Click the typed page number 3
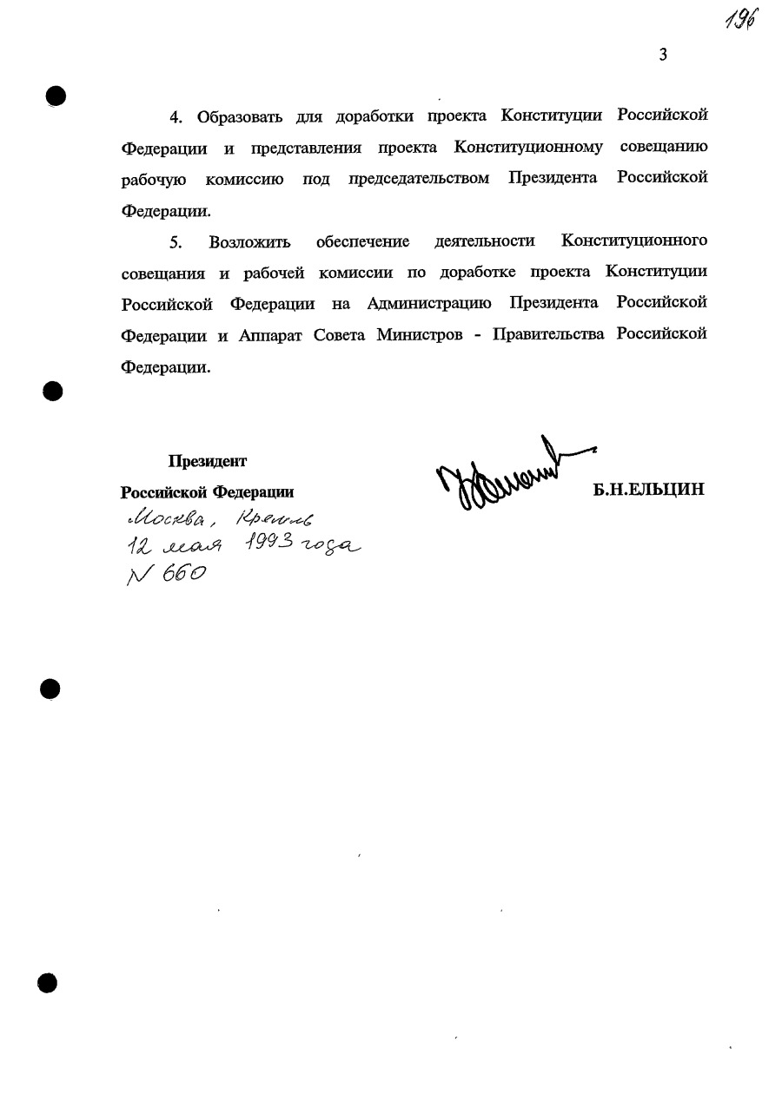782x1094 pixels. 663,56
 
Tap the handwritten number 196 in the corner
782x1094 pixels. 737,18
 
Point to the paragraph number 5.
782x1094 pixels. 175,241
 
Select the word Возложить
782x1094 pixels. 250,241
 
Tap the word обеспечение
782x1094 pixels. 363,241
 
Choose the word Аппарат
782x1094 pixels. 272,335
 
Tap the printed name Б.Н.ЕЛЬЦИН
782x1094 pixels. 647,490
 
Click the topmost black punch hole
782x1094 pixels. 56,95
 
